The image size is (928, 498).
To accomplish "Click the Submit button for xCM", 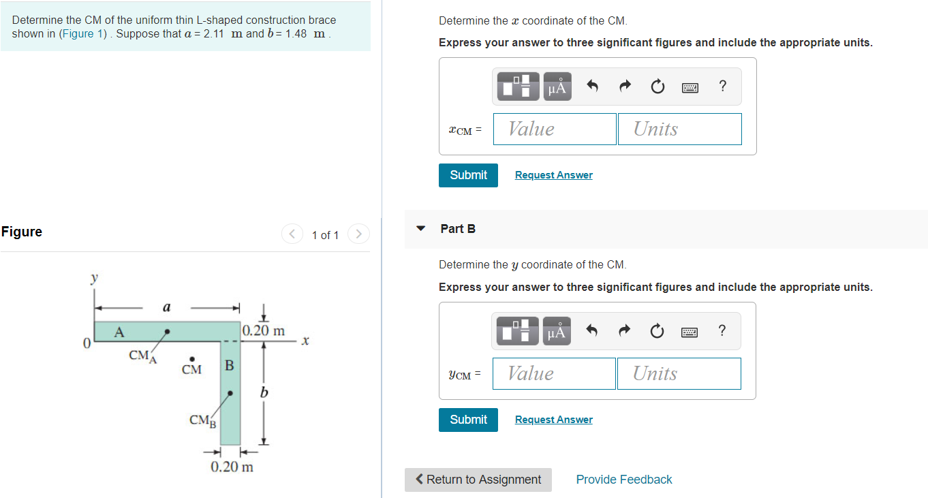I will click(468, 175).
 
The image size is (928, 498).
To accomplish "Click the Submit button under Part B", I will click(468, 420).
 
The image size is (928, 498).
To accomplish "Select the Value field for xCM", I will click(555, 129).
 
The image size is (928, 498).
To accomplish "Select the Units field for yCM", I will click(679, 373).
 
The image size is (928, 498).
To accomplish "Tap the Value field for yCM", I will click(554, 373).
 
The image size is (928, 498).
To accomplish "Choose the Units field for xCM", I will click(679, 129).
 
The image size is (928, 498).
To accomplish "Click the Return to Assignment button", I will click(478, 480).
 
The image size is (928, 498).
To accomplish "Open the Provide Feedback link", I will click(623, 480).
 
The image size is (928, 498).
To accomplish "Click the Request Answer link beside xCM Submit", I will click(553, 175).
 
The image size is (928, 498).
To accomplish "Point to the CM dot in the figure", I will click(192, 359).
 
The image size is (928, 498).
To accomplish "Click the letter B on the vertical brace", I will click(230, 365).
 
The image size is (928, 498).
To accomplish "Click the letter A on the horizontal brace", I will click(119, 332).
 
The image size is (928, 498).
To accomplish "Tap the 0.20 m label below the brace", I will click(232, 467).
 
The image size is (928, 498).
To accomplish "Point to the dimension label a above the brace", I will click(166, 307).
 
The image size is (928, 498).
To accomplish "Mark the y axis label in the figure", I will click(94, 278).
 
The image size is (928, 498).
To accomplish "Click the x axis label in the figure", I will click(305, 340).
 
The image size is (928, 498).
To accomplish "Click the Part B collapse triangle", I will click(421, 228).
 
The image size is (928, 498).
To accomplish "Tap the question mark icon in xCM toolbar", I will click(722, 86).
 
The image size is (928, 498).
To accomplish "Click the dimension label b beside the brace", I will click(264, 392).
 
